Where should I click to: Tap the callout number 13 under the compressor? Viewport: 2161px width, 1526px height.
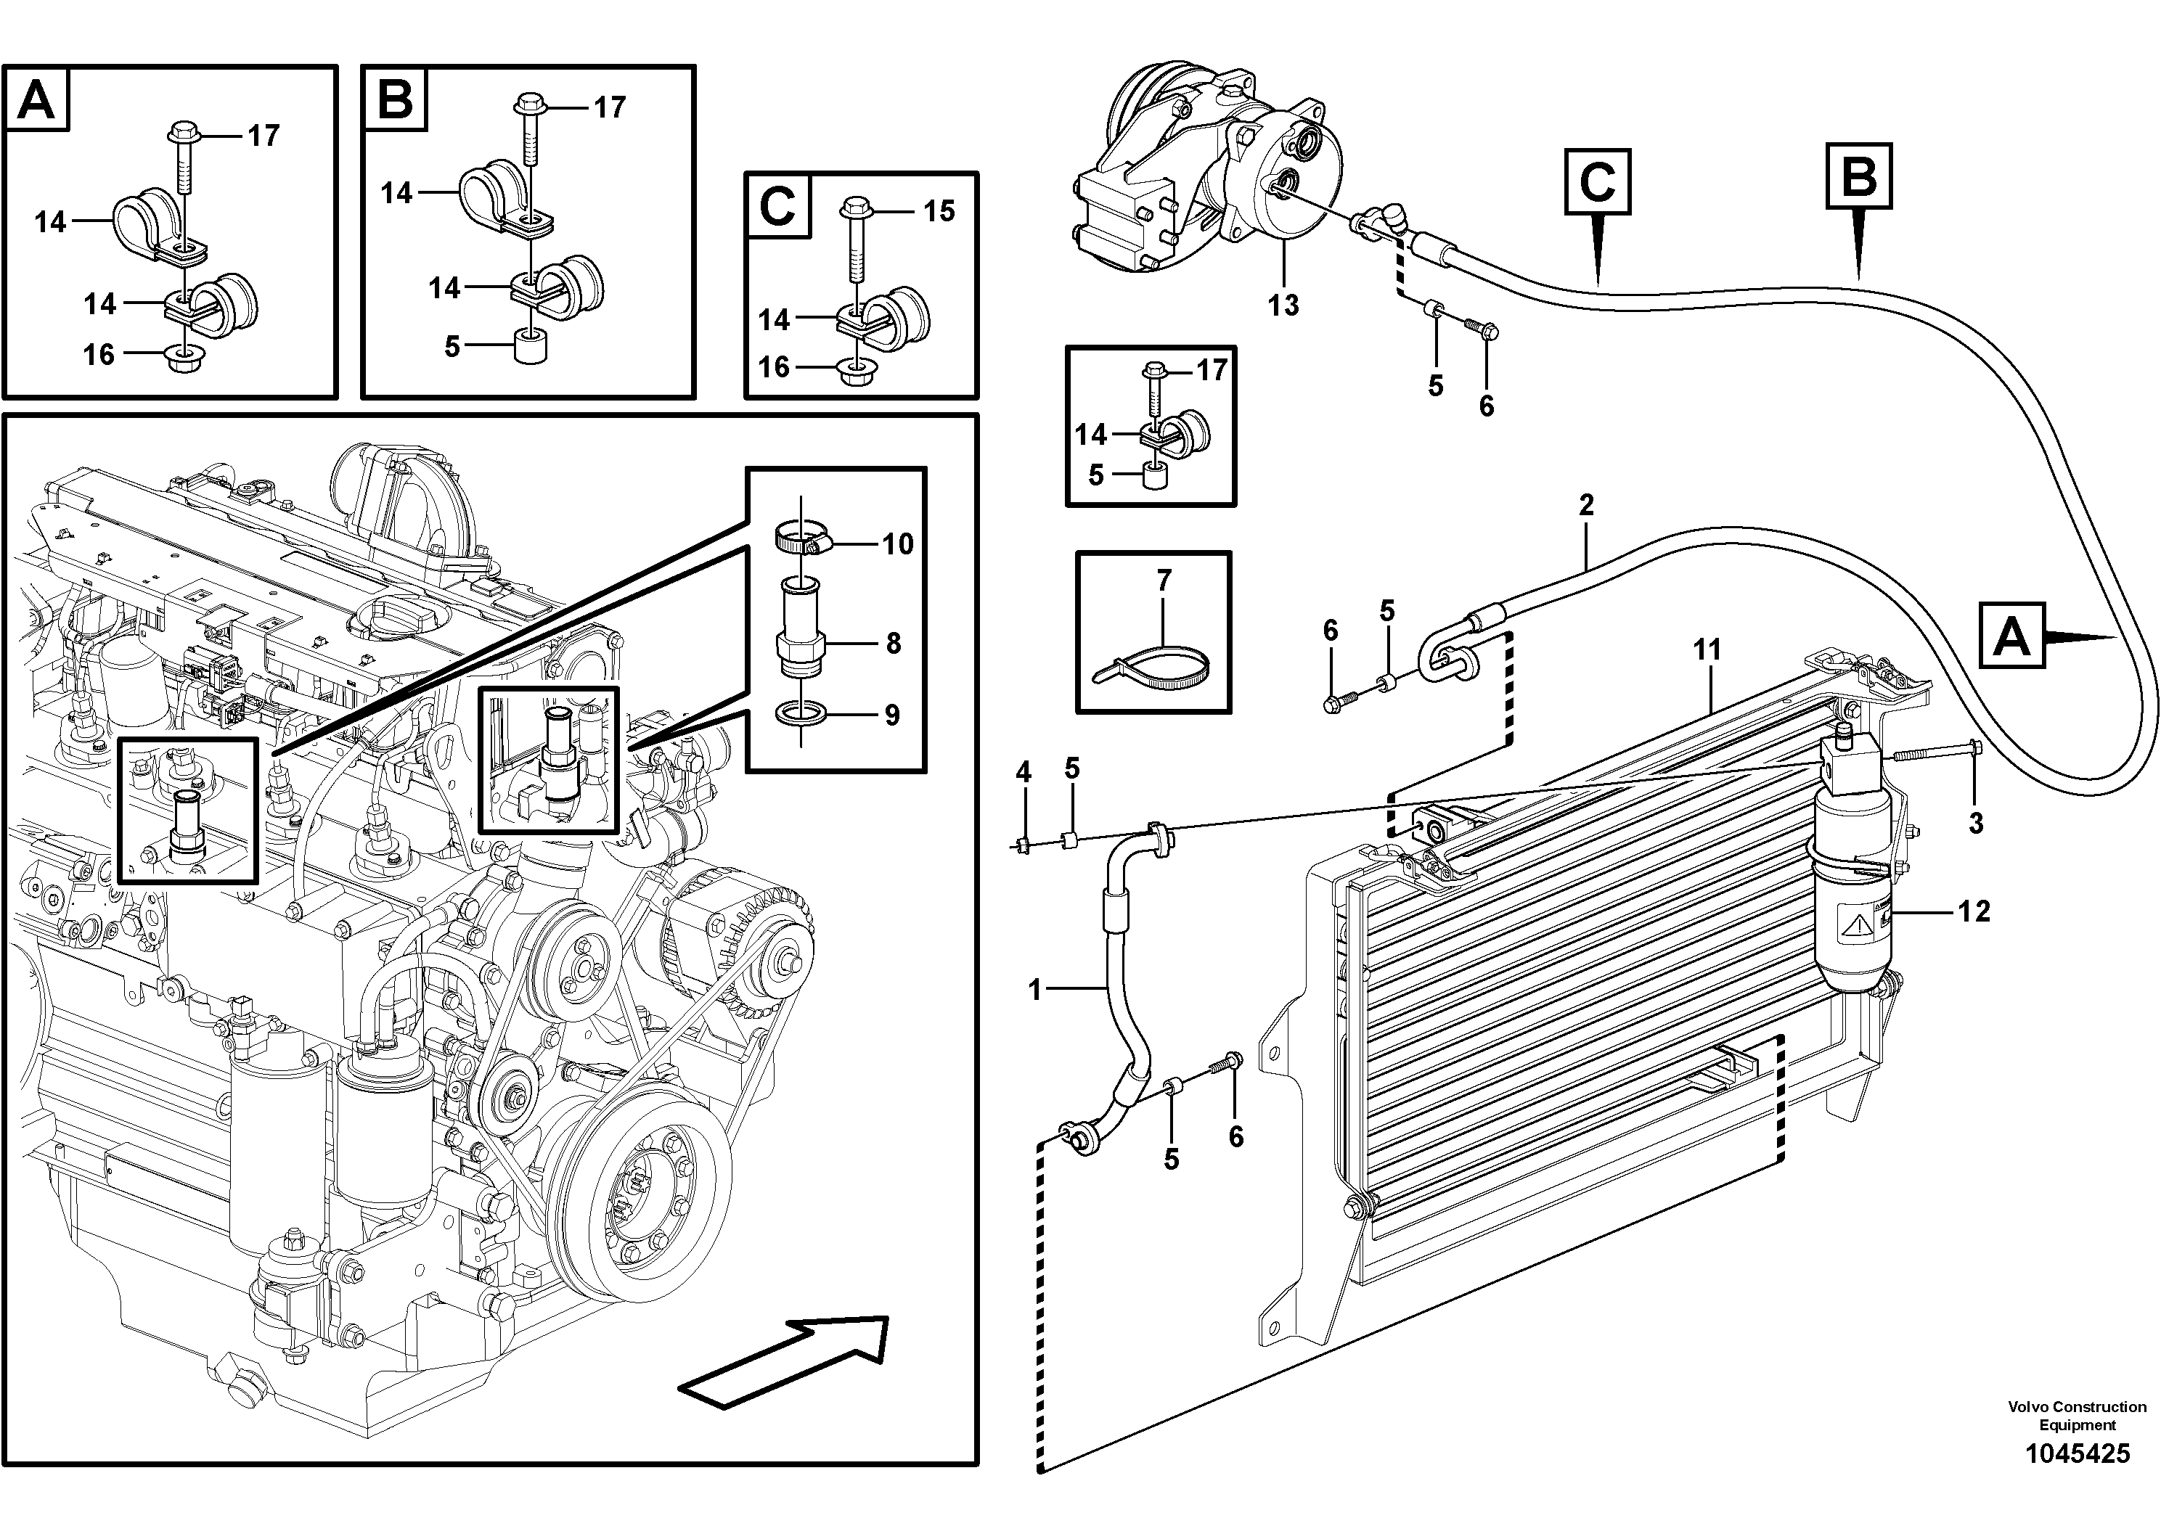pyautogui.click(x=1283, y=305)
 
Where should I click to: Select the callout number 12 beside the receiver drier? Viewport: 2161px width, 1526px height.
pyautogui.click(x=1974, y=911)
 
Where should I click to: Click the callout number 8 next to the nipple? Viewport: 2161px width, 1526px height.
pyautogui.click(x=892, y=644)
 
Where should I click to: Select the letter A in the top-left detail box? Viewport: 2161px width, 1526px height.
pyautogui.click(x=37, y=99)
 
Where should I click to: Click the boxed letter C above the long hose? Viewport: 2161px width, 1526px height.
pyautogui.click(x=1597, y=181)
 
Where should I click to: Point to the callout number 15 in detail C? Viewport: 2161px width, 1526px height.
pyautogui.click(x=939, y=210)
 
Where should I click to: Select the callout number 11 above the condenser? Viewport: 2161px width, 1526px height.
pyautogui.click(x=1707, y=649)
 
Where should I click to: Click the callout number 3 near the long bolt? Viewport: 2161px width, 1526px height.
pyautogui.click(x=1976, y=823)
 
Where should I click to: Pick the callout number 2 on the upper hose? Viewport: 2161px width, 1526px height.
pyautogui.click(x=1586, y=505)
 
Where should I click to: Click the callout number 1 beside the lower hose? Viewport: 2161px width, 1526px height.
pyautogui.click(x=1035, y=990)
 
